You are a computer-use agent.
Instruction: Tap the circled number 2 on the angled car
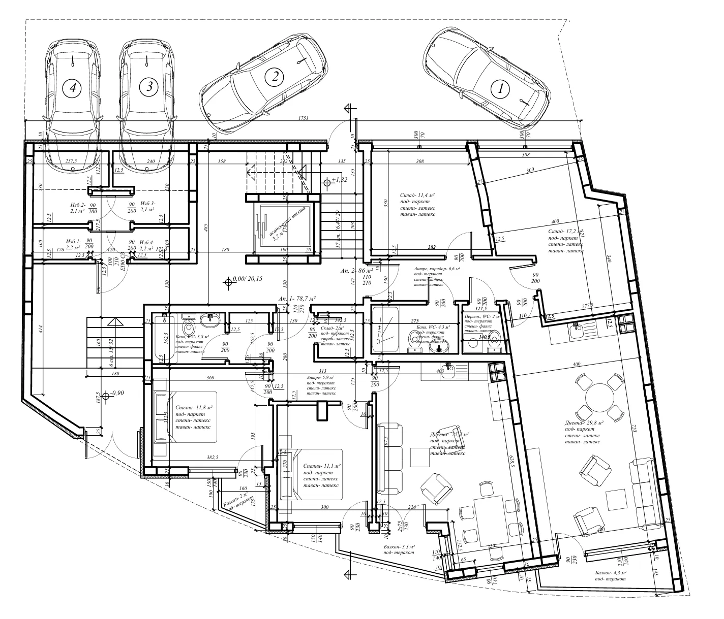click(275, 77)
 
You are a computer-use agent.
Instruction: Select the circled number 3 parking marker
click(149, 87)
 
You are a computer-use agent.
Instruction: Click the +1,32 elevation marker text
click(339, 180)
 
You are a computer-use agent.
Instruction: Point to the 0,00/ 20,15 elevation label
click(246, 279)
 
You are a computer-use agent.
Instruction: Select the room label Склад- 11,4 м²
click(418, 195)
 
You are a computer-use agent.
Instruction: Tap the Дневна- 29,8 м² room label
click(584, 422)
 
